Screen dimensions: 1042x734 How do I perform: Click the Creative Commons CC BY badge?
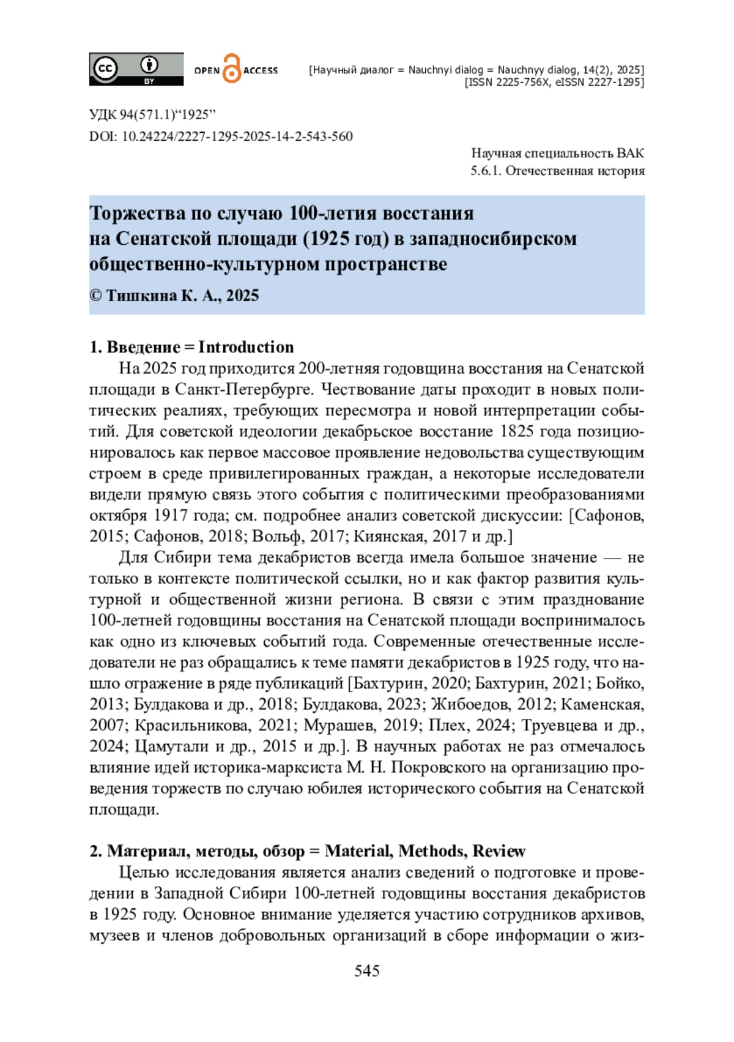(136, 69)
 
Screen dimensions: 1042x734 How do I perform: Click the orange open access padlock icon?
(232, 69)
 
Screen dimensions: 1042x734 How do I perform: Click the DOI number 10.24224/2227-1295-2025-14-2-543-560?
(237, 136)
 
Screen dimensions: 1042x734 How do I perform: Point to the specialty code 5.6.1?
(486, 171)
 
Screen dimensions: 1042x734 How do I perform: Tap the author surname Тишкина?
(141, 296)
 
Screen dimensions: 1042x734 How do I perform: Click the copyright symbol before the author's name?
(95, 296)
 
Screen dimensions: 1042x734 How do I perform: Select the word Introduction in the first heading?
(246, 347)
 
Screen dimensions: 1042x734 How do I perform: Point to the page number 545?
(367, 971)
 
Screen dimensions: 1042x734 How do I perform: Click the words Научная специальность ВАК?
(557, 153)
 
